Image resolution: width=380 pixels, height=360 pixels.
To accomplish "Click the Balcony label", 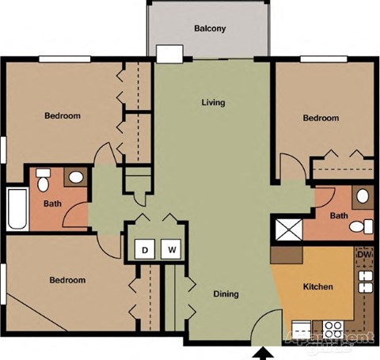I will tap(210, 29).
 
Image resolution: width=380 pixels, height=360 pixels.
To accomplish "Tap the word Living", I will tap(213, 102).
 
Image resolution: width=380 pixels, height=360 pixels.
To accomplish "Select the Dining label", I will tap(226, 294).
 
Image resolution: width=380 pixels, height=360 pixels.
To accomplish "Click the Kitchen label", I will tap(318, 286).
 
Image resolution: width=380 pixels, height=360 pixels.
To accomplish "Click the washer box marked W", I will tap(171, 251).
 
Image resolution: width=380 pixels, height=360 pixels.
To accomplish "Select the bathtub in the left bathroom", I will tap(17, 208).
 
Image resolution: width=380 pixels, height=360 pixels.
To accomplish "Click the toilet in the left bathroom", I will tap(44, 184).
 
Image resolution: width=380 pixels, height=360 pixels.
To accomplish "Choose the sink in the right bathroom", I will tap(362, 195).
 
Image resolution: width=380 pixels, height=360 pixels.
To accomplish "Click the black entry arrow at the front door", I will tap(264, 353).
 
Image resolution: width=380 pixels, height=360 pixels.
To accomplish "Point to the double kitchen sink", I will tap(366, 282).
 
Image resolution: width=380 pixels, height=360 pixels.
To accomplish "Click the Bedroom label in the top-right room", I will tap(321, 119).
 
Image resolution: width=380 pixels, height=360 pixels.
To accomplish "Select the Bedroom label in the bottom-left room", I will tap(66, 280).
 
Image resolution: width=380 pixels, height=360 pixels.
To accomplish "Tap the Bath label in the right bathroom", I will tap(339, 216).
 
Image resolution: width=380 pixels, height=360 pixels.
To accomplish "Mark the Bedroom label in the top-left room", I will tap(62, 116).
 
